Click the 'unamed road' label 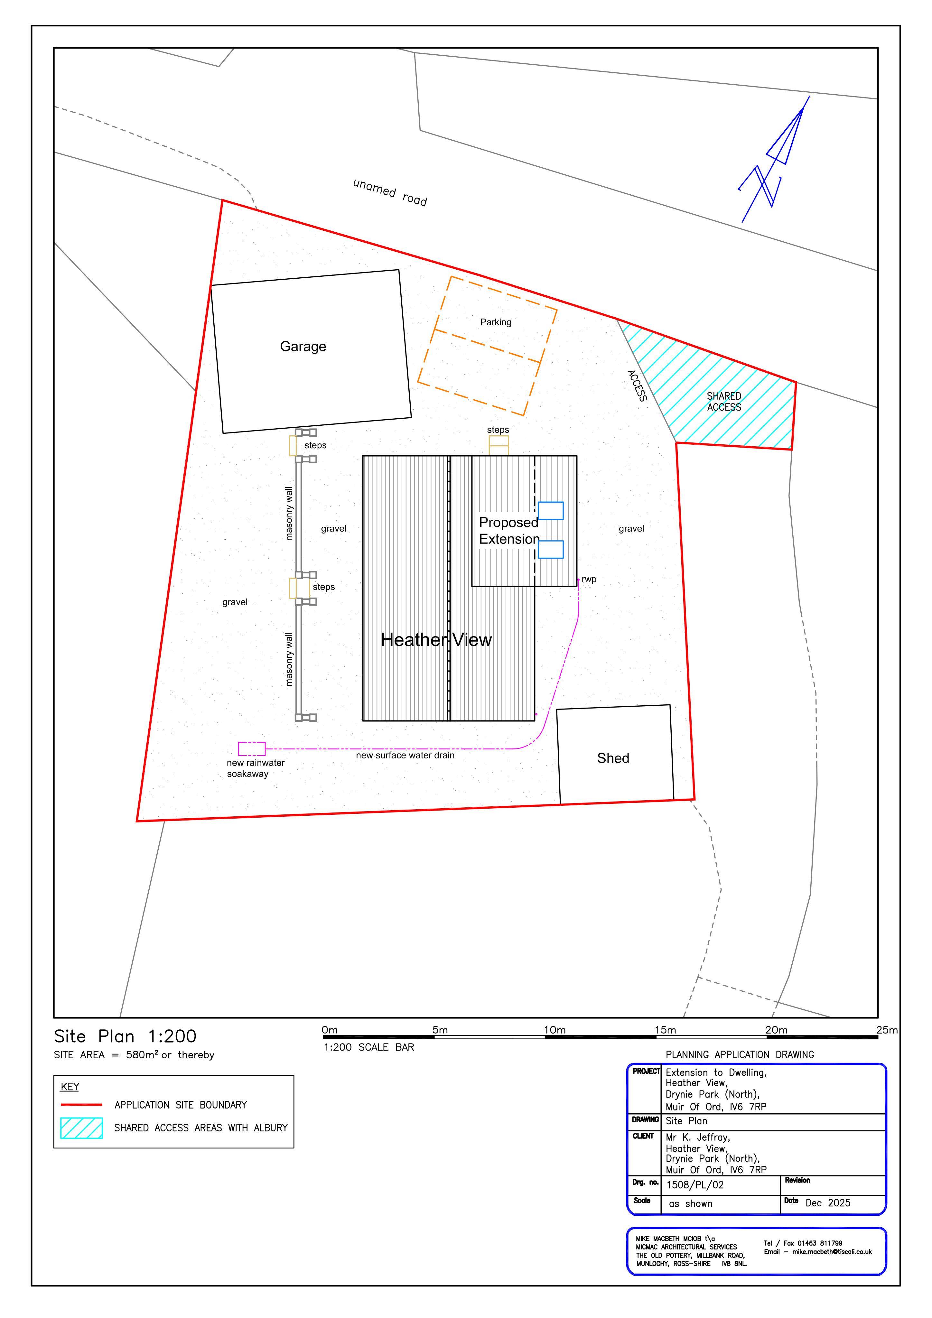click(x=390, y=192)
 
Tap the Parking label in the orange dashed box click(x=496, y=322)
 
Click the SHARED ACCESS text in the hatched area click(x=724, y=402)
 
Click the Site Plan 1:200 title click(x=125, y=1036)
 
